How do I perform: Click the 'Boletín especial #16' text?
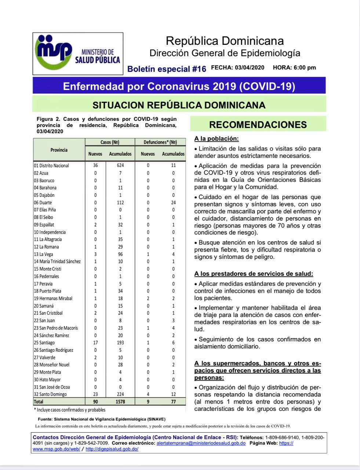click(167, 69)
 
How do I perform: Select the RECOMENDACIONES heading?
click(258, 124)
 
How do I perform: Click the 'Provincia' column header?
click(59, 150)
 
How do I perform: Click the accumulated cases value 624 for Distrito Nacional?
click(120, 166)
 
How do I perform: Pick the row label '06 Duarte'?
click(43, 203)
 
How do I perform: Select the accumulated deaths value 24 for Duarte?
click(173, 203)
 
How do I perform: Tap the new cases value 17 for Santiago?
click(95, 343)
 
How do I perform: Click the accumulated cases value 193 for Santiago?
click(120, 343)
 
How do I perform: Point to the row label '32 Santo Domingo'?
click(50, 394)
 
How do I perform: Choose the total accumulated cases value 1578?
click(120, 402)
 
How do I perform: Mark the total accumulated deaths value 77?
click(173, 402)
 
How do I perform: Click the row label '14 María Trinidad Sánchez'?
click(57, 261)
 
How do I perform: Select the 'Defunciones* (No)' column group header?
click(160, 142)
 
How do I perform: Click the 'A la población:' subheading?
click(217, 139)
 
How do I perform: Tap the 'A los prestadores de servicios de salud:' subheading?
click(254, 274)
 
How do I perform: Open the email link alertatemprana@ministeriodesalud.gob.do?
click(201, 443)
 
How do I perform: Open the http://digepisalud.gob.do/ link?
click(112, 449)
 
